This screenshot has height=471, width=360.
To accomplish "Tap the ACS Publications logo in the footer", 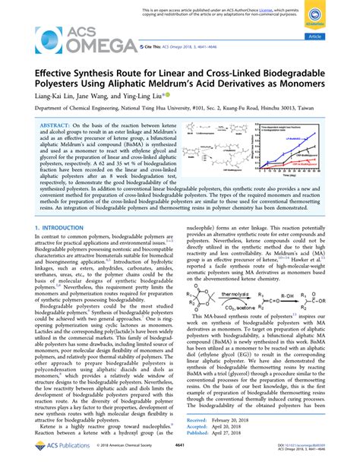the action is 58,463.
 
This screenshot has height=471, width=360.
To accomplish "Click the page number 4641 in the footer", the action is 179,463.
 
